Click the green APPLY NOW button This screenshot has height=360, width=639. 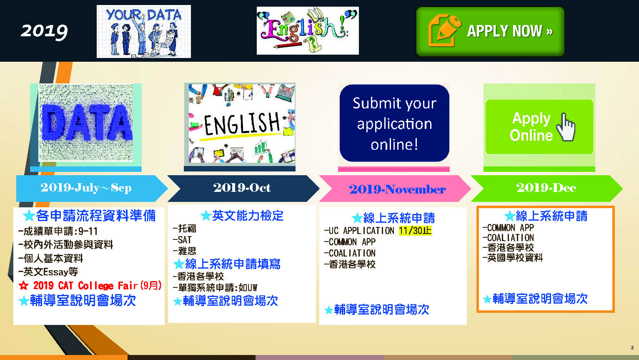[x=490, y=31]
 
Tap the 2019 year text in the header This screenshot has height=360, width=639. [x=44, y=31]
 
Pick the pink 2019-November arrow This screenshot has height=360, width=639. [x=395, y=189]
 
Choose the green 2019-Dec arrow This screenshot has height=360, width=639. [x=546, y=189]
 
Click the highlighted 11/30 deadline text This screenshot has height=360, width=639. [x=415, y=230]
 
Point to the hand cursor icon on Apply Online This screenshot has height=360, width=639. [x=566, y=127]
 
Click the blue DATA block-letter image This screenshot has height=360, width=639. [x=85, y=123]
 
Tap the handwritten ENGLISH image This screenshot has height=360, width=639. [x=242, y=123]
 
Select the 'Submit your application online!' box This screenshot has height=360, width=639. [x=394, y=123]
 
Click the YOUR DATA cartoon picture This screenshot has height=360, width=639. [x=144, y=31]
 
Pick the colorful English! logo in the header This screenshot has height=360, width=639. [x=308, y=30]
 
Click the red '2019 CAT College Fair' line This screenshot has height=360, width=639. [x=90, y=285]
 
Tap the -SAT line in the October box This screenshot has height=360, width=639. [x=182, y=240]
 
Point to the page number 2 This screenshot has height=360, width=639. [x=632, y=347]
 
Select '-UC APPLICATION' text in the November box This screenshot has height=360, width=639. [x=359, y=231]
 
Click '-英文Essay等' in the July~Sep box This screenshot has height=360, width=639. [x=48, y=272]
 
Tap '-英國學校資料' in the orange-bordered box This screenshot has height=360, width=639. [x=513, y=257]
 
